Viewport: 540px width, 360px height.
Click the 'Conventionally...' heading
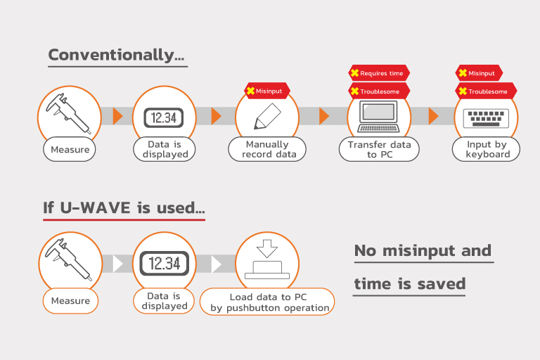[117, 55]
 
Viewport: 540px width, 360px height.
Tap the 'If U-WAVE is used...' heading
[124, 207]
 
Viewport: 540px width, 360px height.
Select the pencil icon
[267, 117]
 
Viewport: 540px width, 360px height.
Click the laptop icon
[378, 117]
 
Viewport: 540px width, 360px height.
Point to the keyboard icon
[486, 118]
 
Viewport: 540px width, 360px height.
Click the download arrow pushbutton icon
[267, 259]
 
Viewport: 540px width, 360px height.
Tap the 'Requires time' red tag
[379, 73]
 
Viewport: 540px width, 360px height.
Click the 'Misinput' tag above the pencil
[267, 91]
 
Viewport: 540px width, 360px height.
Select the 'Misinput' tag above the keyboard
[479, 73]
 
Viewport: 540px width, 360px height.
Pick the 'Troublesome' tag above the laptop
[379, 91]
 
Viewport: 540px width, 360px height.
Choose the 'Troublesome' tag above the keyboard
[486, 91]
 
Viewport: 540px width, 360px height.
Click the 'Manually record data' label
[267, 149]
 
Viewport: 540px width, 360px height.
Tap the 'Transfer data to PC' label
[379, 149]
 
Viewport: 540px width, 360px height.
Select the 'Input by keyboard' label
[487, 149]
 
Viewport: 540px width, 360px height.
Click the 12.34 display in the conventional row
[164, 118]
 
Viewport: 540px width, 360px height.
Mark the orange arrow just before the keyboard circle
[433, 116]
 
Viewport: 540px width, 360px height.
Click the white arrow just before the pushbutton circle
[217, 264]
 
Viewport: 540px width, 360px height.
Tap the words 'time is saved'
[410, 284]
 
